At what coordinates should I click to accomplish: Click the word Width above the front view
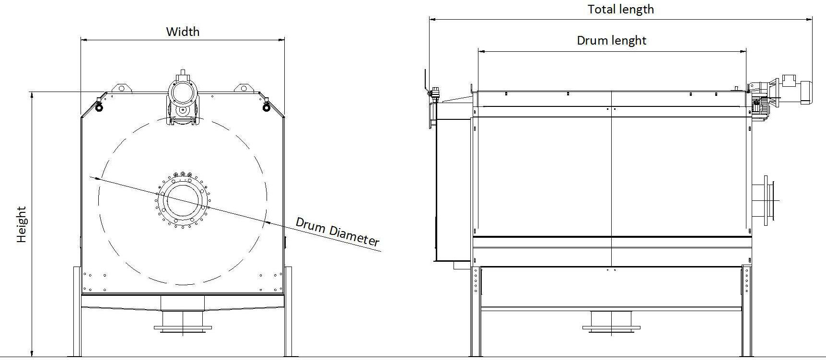coord(183,32)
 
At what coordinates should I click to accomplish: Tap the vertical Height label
coord(22,224)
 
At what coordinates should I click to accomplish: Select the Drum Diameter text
coord(337,232)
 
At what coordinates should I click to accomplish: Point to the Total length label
coord(621,10)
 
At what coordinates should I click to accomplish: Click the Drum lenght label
coord(611,40)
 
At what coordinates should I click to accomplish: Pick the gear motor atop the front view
coord(182,98)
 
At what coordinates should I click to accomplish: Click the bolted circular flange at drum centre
coord(183,199)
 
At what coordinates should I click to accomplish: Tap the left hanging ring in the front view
coord(99,106)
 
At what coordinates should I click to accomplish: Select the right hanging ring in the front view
coord(267,106)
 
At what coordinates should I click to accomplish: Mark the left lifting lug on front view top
coord(121,88)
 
